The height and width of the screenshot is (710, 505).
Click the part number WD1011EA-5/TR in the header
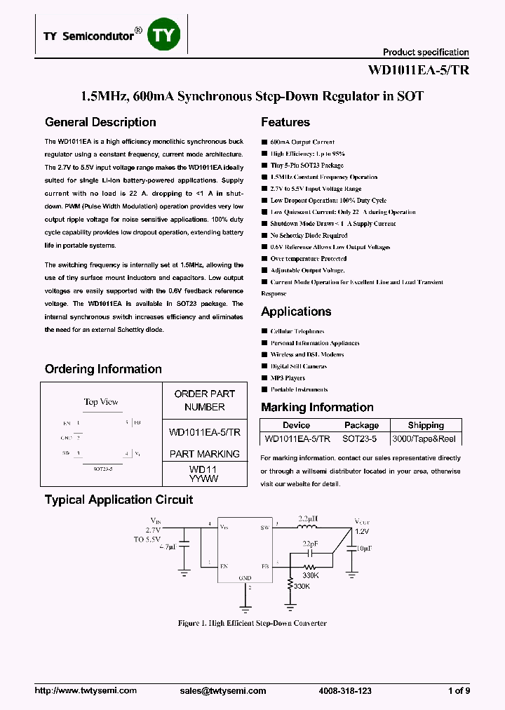(x=418, y=70)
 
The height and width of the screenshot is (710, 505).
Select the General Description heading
(x=100, y=122)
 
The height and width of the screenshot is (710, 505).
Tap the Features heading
(x=285, y=122)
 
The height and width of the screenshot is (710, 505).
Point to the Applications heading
(x=296, y=312)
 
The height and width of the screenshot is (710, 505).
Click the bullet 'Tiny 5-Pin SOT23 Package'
(x=307, y=165)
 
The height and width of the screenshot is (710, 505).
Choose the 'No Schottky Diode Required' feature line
(x=309, y=236)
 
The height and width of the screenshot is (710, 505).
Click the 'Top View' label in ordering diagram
(x=101, y=402)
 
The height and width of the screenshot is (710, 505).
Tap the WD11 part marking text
(x=204, y=468)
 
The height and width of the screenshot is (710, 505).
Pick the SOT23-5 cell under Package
(x=360, y=438)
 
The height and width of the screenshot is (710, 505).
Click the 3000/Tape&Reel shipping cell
(x=425, y=438)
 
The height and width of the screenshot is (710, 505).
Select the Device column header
(x=296, y=425)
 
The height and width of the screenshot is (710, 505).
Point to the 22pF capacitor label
(x=309, y=544)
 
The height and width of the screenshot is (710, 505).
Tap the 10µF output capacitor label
(x=365, y=548)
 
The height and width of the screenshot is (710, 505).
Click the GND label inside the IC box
(x=245, y=578)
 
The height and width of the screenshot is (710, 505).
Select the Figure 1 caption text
(x=252, y=623)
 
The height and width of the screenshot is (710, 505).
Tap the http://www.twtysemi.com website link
(x=86, y=691)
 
